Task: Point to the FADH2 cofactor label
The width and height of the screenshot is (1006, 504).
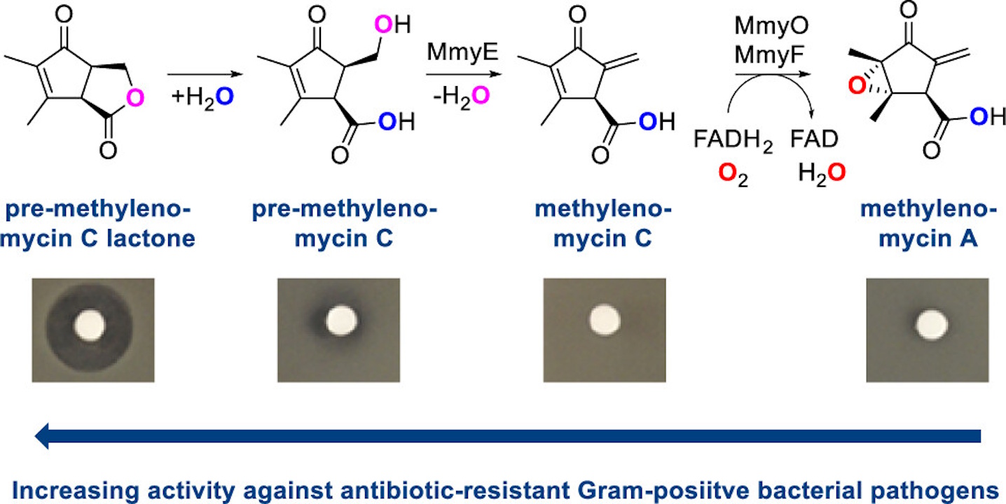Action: click(733, 141)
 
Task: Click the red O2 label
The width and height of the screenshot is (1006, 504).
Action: click(733, 173)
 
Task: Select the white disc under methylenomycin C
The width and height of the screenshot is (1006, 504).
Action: click(603, 320)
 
